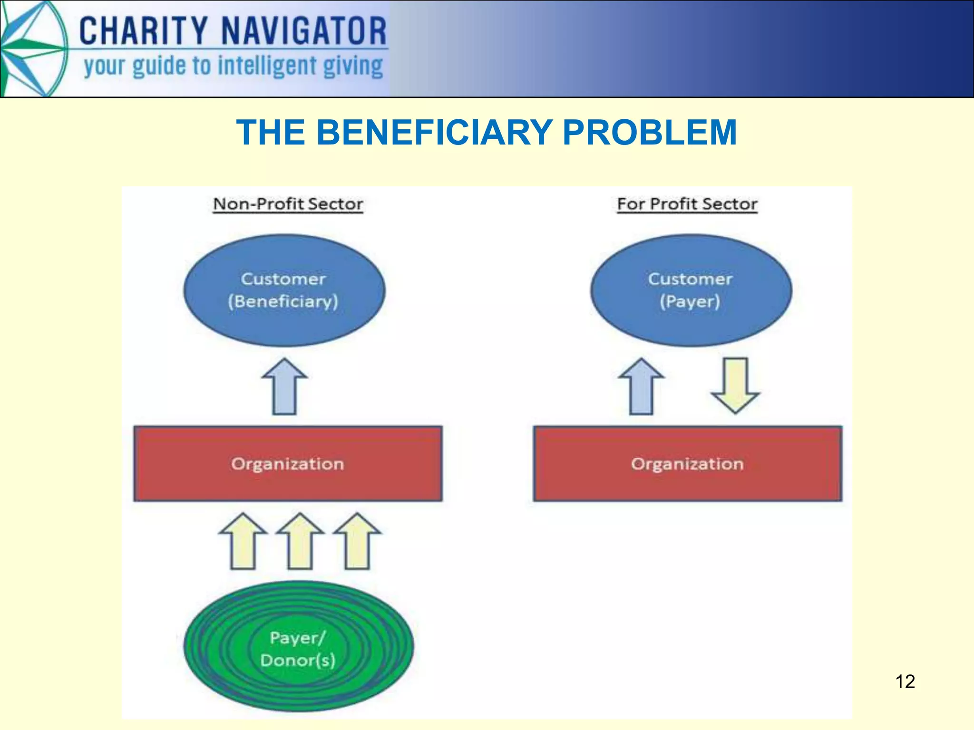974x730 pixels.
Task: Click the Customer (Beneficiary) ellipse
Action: click(284, 290)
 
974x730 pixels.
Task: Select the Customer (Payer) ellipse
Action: click(691, 290)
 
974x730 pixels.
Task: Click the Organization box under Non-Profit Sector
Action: click(288, 463)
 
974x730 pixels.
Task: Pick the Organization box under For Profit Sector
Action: click(687, 463)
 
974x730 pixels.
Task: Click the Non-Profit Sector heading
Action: click(288, 204)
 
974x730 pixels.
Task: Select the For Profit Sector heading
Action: click(687, 204)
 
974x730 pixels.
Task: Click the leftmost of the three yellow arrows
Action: click(243, 541)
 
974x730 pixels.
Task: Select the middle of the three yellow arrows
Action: click(300, 541)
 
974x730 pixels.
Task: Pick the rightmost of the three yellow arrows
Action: click(357, 541)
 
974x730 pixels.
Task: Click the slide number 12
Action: click(905, 682)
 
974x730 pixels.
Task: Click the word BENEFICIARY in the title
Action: click(434, 132)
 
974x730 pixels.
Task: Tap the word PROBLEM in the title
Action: click(650, 132)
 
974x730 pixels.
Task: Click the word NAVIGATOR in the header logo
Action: click(304, 31)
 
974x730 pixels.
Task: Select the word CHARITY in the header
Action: click(143, 31)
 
